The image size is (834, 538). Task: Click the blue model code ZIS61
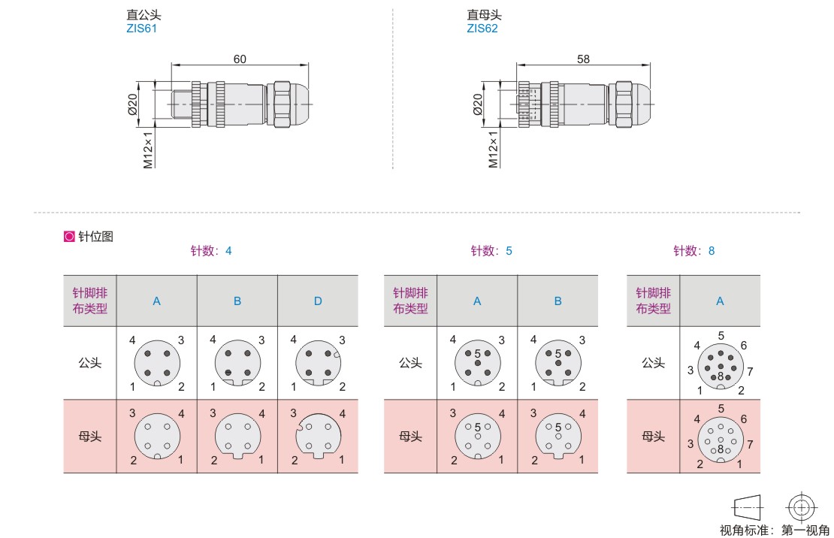point(141,29)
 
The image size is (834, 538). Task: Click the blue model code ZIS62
point(482,29)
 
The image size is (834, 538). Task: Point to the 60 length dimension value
point(240,59)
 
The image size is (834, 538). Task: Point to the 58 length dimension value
point(583,59)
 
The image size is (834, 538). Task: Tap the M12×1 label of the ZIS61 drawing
point(148,150)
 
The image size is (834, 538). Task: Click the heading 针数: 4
point(210,251)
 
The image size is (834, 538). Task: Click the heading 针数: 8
point(693,251)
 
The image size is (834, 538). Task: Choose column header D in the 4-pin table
point(318,301)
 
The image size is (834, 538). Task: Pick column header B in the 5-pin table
point(558,301)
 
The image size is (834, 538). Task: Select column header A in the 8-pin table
point(720,301)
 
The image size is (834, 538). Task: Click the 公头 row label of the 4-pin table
point(90,363)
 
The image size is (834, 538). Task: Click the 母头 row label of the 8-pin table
point(653,436)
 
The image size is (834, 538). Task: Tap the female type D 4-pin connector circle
point(318,436)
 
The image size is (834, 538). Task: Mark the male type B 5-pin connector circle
point(558,364)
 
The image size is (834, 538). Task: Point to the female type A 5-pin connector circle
point(477,437)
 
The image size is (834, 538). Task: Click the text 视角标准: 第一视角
point(775,530)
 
